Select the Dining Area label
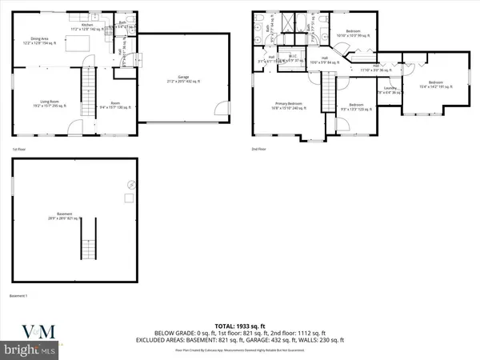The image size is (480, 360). (41, 40)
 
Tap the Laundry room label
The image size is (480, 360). (390, 90)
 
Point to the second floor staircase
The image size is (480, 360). (328, 90)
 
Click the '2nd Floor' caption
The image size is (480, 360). (258, 150)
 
